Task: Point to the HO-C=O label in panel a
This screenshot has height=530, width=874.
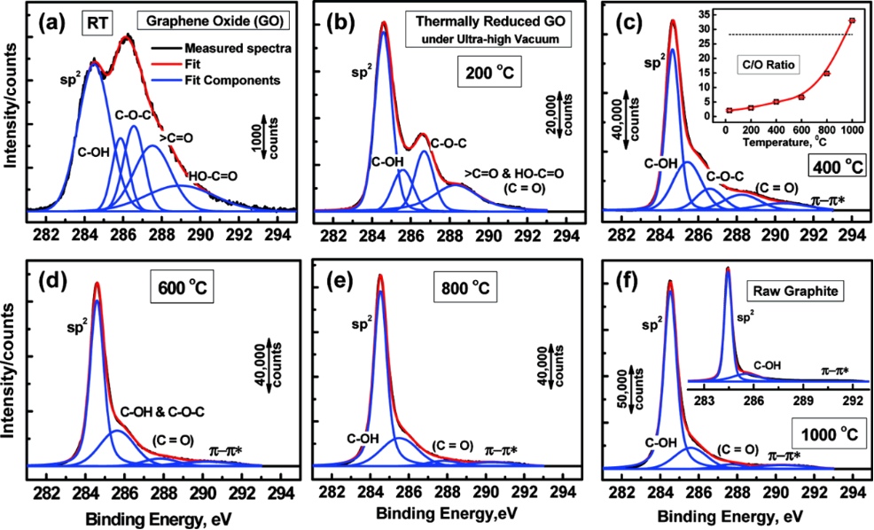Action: (213, 152)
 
